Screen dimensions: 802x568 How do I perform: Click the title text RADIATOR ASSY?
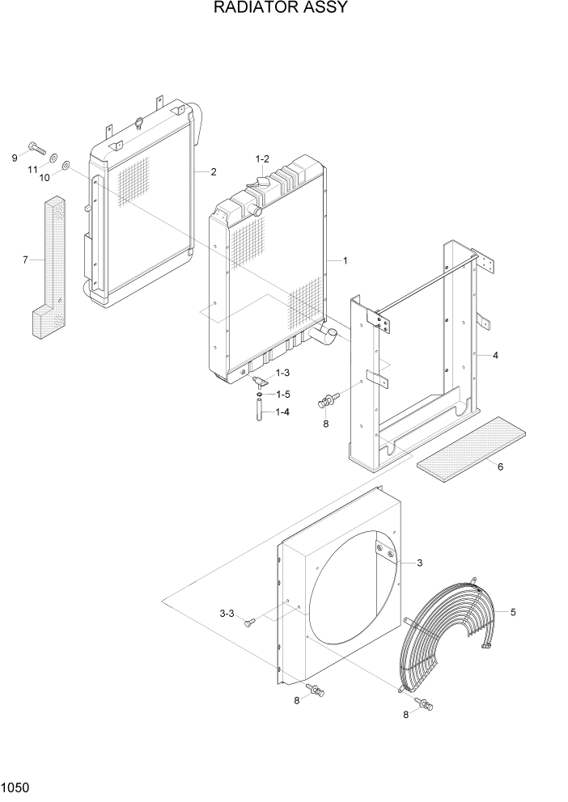pos(281,9)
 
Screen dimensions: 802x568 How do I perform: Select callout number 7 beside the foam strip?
pos(25,260)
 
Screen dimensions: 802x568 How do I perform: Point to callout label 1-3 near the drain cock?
pos(282,373)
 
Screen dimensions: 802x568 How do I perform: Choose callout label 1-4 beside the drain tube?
pos(282,412)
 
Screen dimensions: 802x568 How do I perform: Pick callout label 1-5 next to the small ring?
pos(282,394)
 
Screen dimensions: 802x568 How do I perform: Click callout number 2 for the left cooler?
pos(213,171)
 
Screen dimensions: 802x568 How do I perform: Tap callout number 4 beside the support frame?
pos(495,355)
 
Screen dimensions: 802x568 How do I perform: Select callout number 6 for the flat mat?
pos(500,466)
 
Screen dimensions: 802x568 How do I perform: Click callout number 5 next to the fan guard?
pos(512,612)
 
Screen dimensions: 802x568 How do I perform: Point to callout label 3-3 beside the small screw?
pos(227,614)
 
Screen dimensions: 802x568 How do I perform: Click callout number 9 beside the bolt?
pos(15,157)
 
